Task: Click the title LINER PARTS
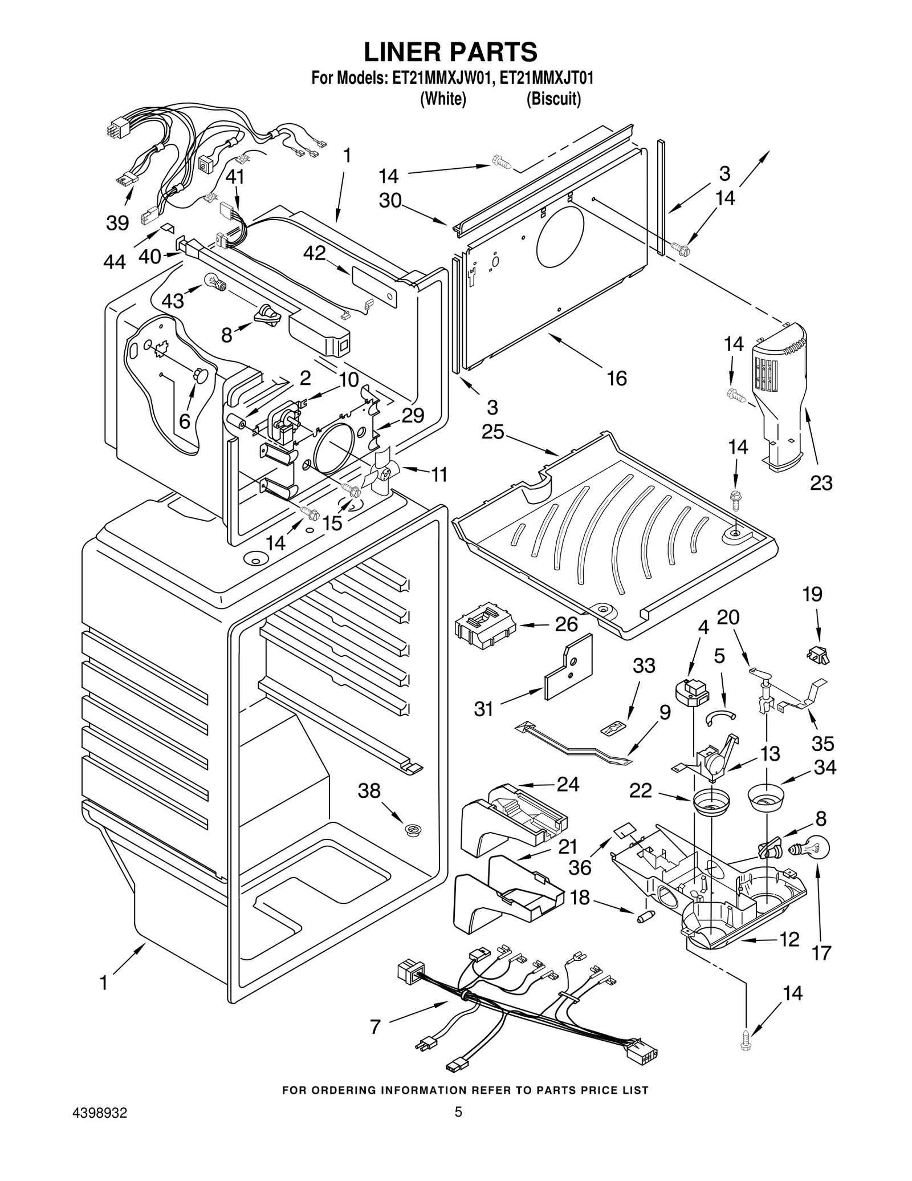click(450, 52)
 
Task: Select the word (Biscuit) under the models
click(553, 99)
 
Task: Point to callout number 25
click(492, 432)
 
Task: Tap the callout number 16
click(617, 378)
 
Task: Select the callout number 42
click(314, 253)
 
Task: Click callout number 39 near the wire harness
click(117, 222)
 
